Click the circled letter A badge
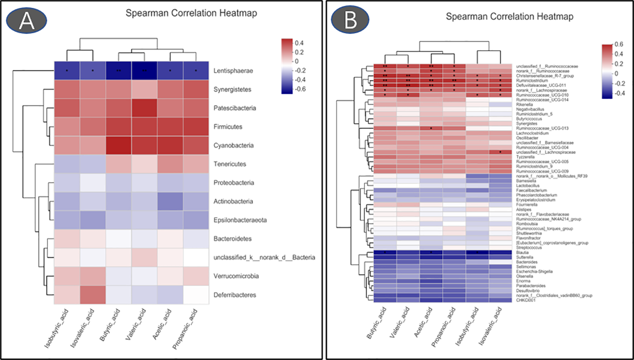pos(26,20)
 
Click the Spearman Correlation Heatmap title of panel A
pos(191,13)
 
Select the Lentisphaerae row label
pos(233,70)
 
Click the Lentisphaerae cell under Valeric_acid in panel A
pos(144,70)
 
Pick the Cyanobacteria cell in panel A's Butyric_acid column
pos(118,145)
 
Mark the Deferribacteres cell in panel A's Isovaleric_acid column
pos(93,295)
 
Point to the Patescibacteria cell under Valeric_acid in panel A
pos(144,108)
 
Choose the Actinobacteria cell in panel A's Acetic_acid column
pos(170,201)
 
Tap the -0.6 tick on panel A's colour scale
pos(300,89)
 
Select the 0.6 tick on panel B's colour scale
pos(619,44)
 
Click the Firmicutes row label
pos(228,127)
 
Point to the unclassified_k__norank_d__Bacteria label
pos(264,257)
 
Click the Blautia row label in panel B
pos(522,252)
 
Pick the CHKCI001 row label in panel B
pos(526,300)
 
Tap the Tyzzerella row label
pos(525,157)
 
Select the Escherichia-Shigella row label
pos(534,271)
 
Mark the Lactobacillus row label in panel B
pos(528,185)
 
